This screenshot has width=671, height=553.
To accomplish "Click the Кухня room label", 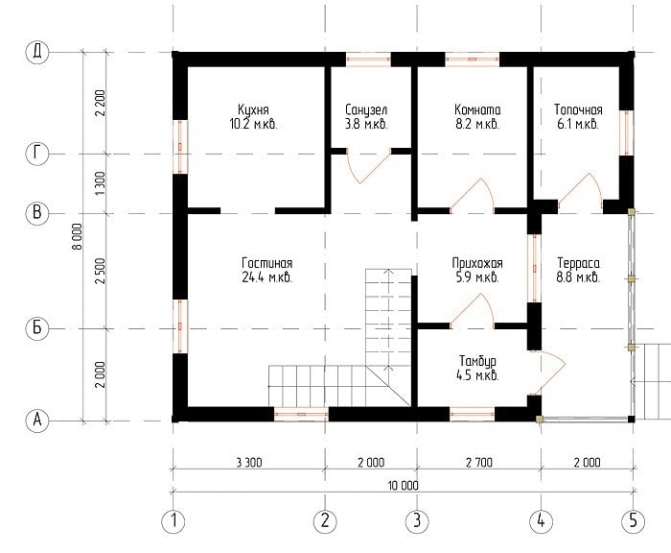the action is [x=254, y=116].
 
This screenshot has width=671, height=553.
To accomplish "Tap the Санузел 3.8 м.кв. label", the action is [x=366, y=116].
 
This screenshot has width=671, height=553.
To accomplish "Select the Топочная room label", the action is [x=578, y=116].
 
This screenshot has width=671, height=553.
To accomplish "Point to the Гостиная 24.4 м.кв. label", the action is [x=267, y=270].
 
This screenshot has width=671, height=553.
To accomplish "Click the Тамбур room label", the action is [x=477, y=368].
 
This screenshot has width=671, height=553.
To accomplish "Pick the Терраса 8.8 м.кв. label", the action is [x=578, y=270].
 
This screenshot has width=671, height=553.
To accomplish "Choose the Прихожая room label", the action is [x=477, y=270].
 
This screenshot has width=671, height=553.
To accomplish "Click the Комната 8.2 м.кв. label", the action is [x=477, y=116].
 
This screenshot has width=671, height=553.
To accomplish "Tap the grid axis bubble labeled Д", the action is [x=37, y=52].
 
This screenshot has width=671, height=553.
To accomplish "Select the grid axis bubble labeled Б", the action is [x=37, y=328].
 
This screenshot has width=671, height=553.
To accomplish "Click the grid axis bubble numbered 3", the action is [x=417, y=521].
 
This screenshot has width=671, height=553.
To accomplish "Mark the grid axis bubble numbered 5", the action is [x=633, y=521].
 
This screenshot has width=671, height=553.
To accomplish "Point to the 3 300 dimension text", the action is [x=249, y=463].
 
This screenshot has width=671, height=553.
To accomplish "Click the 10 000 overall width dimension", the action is [x=404, y=486].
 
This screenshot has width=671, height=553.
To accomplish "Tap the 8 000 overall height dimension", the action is [x=78, y=236].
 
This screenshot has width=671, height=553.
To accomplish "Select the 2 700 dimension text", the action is [x=479, y=463].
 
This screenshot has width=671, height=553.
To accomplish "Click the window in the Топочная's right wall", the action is [x=627, y=132].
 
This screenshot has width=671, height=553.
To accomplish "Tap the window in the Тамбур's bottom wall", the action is [x=472, y=414].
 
